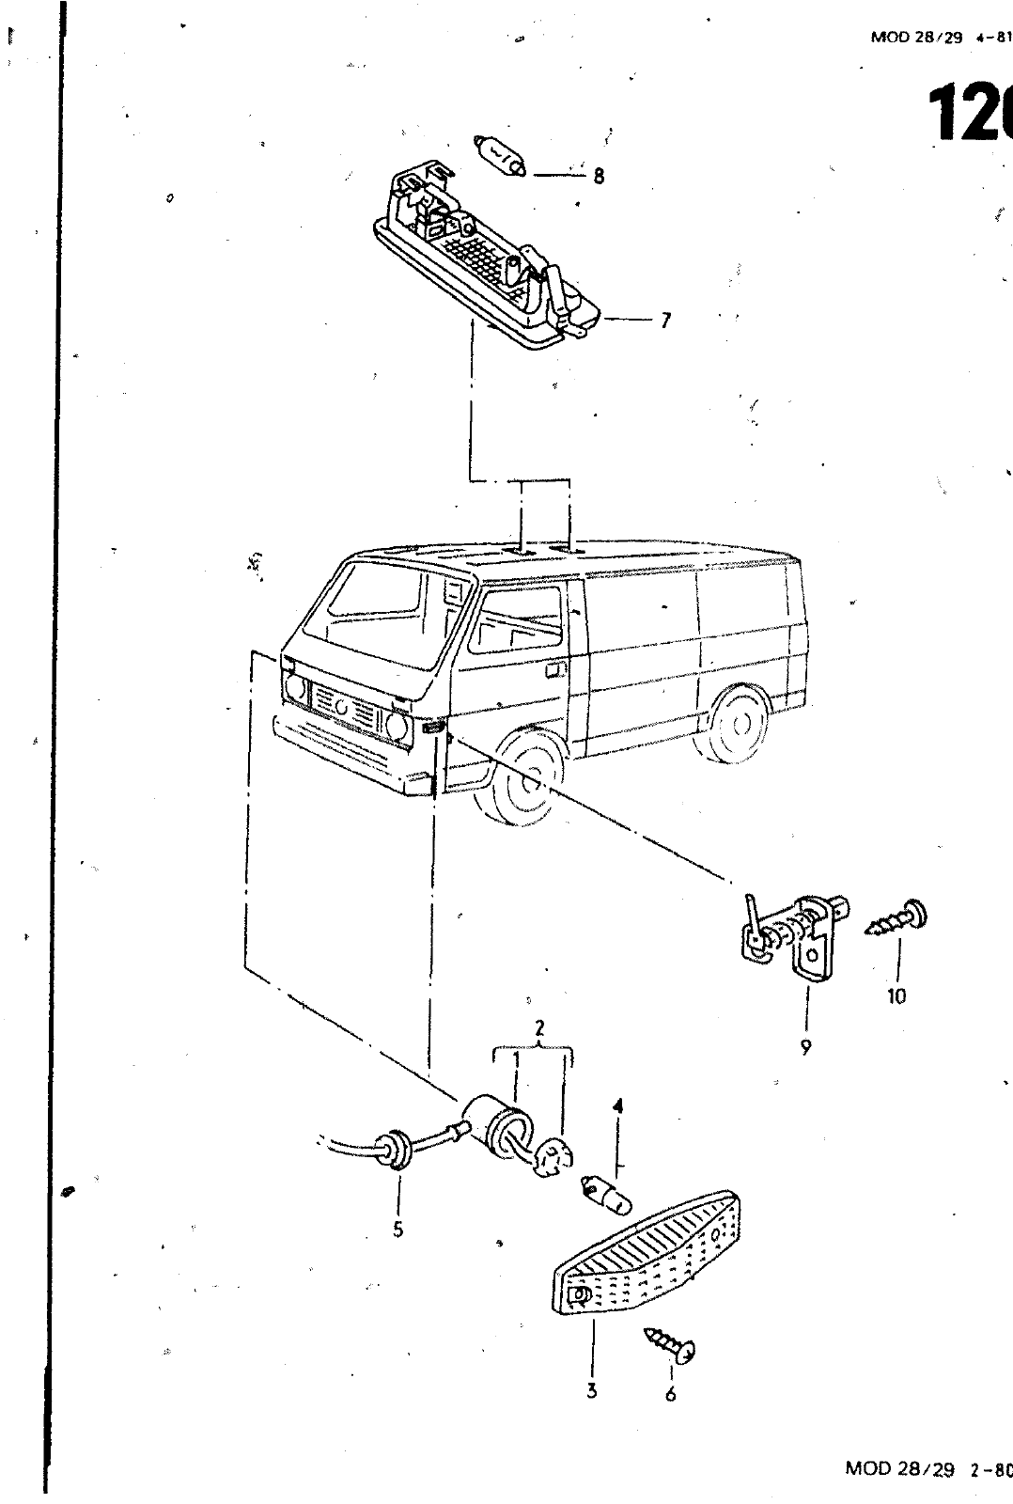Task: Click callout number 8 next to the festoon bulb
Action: click(x=599, y=176)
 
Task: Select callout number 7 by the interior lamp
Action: click(x=665, y=321)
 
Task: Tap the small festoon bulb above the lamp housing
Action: click(x=503, y=156)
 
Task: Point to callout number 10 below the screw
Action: click(x=896, y=996)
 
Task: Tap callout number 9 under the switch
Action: click(x=805, y=1046)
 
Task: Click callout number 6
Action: click(x=670, y=1395)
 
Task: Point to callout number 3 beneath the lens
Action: click(x=592, y=1391)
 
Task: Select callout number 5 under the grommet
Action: click(x=398, y=1230)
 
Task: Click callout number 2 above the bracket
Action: click(x=539, y=1028)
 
